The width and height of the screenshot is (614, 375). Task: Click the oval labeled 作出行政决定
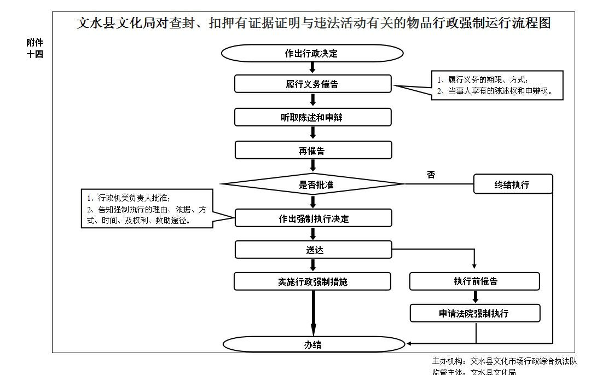pyautogui.click(x=312, y=53)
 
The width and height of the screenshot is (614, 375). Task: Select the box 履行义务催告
pyautogui.click(x=312, y=84)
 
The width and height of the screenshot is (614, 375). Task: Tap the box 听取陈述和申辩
pyautogui.click(x=312, y=117)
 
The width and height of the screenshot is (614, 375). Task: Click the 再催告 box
pyautogui.click(x=312, y=150)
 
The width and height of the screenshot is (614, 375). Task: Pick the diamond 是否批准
pyautogui.click(x=312, y=184)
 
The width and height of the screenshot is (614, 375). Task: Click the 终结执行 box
pyautogui.click(x=513, y=184)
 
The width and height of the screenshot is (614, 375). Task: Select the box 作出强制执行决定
pyautogui.click(x=313, y=218)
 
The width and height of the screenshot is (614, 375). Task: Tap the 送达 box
pyautogui.click(x=313, y=250)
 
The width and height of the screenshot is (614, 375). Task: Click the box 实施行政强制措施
pyautogui.click(x=312, y=281)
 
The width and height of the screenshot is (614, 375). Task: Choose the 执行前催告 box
pyautogui.click(x=474, y=281)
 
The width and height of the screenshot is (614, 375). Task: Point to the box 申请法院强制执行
pyautogui.click(x=474, y=313)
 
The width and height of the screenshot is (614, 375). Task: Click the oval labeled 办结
pyautogui.click(x=313, y=344)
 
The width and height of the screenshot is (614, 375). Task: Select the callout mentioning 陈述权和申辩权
pyautogui.click(x=497, y=85)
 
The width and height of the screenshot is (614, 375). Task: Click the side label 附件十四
pyautogui.click(x=35, y=48)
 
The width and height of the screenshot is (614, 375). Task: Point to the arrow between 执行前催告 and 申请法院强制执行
pyautogui.click(x=475, y=297)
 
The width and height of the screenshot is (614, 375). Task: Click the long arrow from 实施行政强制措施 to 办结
pyautogui.click(x=314, y=312)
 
